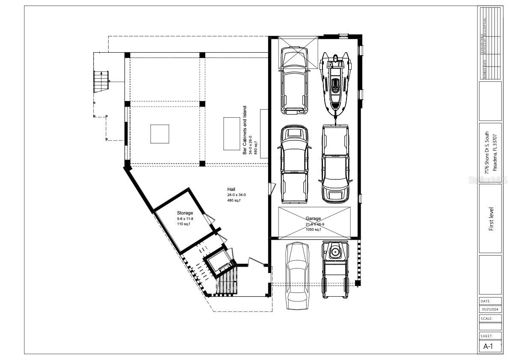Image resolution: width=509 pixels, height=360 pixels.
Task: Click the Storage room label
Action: pos(185,213)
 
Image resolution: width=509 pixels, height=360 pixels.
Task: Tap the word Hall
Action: pos(231,189)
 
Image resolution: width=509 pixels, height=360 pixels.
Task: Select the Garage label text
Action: pos(313,218)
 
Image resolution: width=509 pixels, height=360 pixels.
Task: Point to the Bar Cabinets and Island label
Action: pos(245,130)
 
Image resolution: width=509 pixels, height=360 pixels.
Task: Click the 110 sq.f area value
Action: pos(183,224)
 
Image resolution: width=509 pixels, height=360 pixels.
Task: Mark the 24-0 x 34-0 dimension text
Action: pos(237,195)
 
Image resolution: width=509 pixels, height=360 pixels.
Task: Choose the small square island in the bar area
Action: pos(160,134)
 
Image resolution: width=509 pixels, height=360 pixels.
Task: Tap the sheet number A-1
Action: pos(488,346)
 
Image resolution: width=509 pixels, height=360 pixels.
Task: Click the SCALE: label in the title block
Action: pos(487,318)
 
